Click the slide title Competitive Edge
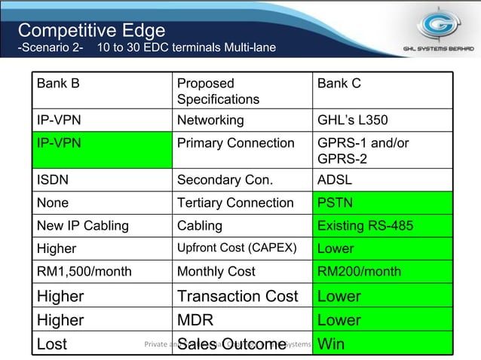click(x=92, y=30)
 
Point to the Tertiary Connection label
click(x=235, y=203)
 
